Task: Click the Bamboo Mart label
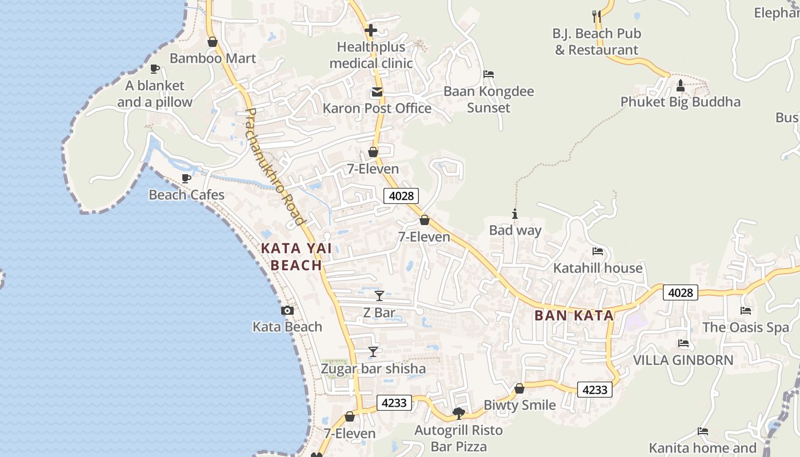pyautogui.click(x=213, y=58)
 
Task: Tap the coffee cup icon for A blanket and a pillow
pyautogui.click(x=154, y=69)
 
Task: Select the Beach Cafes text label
pyautogui.click(x=186, y=195)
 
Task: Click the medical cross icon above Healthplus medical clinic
pyautogui.click(x=371, y=30)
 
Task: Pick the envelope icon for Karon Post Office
pyautogui.click(x=377, y=92)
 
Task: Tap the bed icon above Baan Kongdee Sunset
pyautogui.click(x=488, y=74)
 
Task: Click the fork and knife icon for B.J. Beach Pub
pyautogui.click(x=597, y=17)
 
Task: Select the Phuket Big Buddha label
pyautogui.click(x=680, y=102)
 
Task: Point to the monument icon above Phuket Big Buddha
pyautogui.click(x=680, y=86)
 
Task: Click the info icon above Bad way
pyautogui.click(x=515, y=214)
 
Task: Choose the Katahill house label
pyautogui.click(x=597, y=268)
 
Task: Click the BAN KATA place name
pyautogui.click(x=574, y=315)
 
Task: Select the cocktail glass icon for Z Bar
pyautogui.click(x=379, y=296)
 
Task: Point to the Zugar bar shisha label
pyautogui.click(x=373, y=368)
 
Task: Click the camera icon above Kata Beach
pyautogui.click(x=287, y=310)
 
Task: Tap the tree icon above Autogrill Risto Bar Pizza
pyautogui.click(x=458, y=413)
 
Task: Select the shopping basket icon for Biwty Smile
pyautogui.click(x=519, y=388)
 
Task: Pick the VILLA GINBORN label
pyautogui.click(x=683, y=360)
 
